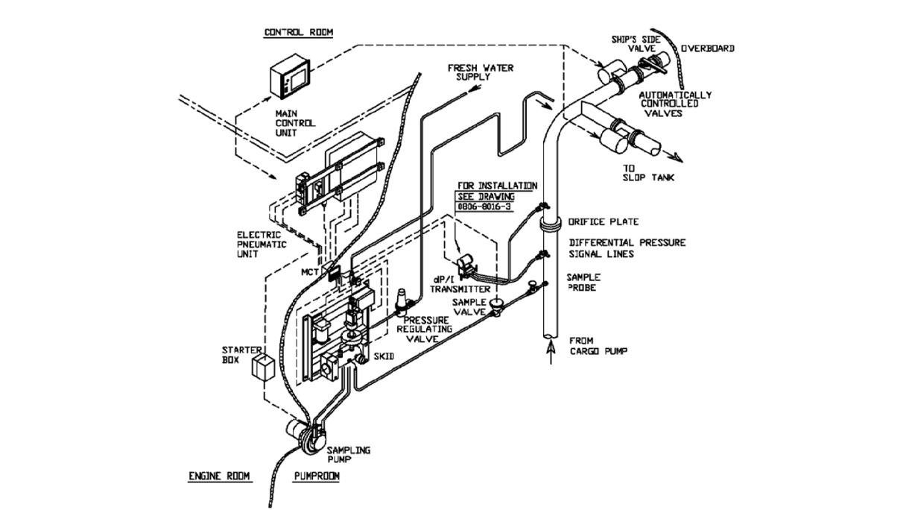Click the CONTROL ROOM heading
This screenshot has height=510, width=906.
tap(299, 32)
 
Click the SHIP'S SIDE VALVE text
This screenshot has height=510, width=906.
tap(633, 42)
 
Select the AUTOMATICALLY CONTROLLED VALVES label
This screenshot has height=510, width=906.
tap(676, 104)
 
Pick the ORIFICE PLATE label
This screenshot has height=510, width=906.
tap(603, 221)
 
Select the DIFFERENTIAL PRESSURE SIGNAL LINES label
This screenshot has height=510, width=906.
tap(627, 248)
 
